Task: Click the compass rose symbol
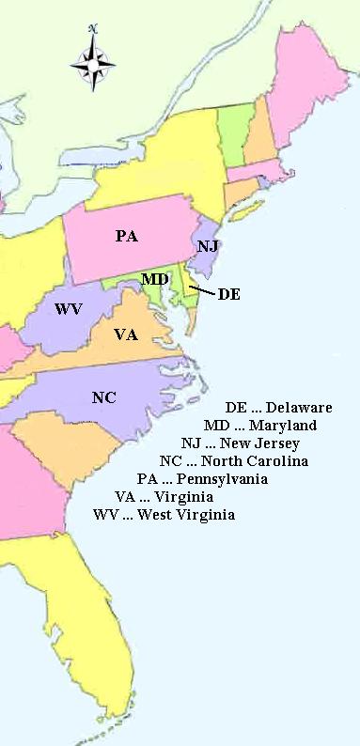click(x=93, y=64)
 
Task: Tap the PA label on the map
click(x=127, y=236)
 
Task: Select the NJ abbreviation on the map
click(x=208, y=246)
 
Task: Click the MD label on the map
click(x=155, y=279)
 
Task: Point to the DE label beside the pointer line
click(x=228, y=294)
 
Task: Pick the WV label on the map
click(x=68, y=309)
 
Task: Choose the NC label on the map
click(x=104, y=396)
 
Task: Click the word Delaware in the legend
click(x=299, y=408)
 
